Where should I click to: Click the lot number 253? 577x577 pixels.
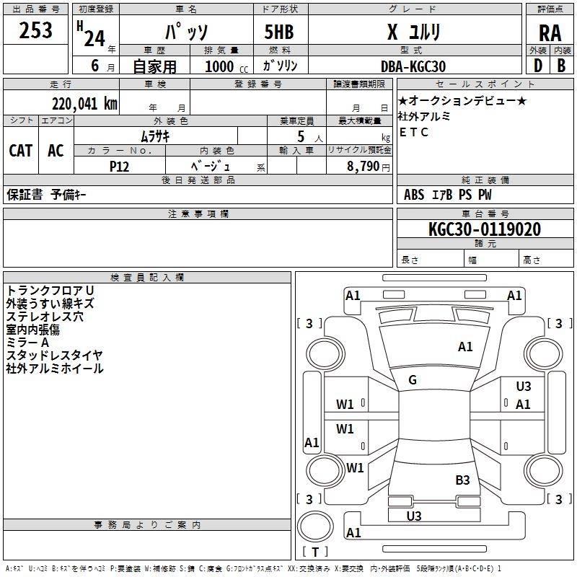(35, 30)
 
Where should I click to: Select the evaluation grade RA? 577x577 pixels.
(550, 33)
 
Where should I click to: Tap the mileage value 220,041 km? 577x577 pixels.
(84, 103)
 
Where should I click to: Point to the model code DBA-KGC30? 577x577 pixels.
(413, 66)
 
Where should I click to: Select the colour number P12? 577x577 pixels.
(119, 165)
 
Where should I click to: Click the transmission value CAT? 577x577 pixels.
(20, 151)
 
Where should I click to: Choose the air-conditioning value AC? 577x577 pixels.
(56, 151)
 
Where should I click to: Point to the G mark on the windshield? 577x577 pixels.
(413, 380)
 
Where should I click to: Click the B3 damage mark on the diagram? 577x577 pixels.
(462, 480)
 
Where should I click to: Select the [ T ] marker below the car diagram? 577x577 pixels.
(315, 552)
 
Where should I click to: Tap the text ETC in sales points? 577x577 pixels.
(414, 132)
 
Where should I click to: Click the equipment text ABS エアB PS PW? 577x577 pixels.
(448, 195)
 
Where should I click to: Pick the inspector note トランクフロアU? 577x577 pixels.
(50, 290)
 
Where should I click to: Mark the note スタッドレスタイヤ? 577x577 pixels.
(54, 355)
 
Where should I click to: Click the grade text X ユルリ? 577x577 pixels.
(413, 33)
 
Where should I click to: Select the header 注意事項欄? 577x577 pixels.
(198, 213)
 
